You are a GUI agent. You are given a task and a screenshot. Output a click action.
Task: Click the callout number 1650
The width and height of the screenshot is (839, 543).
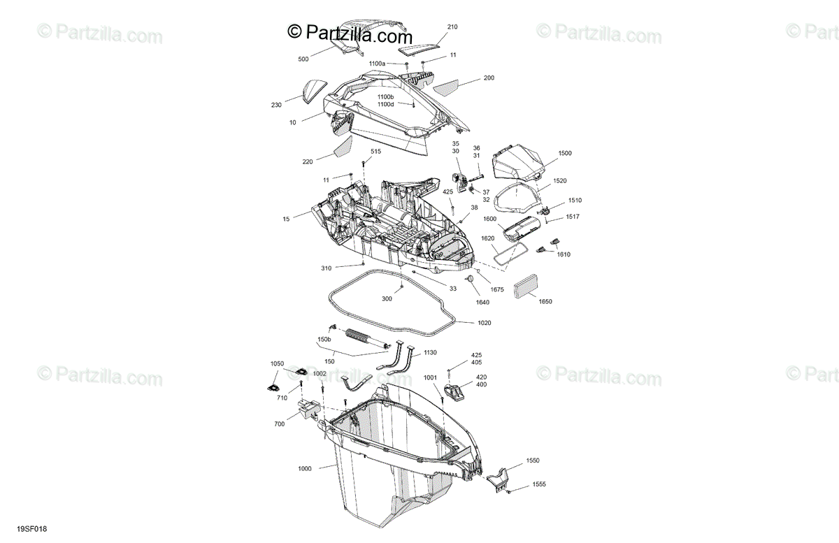tap(545, 301)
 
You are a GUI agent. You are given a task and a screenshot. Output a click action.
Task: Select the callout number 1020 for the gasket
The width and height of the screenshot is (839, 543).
tap(485, 323)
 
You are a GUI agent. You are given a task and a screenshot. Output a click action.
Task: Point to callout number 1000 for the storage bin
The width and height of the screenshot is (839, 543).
tap(305, 468)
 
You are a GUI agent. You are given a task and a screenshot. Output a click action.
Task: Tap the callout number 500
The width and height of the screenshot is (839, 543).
tap(303, 59)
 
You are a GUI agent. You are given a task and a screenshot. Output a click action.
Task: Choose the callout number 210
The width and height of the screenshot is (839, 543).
tap(452, 27)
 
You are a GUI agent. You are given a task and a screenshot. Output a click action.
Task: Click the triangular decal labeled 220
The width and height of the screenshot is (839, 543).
tap(343, 146)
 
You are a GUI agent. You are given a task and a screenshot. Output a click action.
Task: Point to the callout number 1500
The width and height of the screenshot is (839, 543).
tap(565, 152)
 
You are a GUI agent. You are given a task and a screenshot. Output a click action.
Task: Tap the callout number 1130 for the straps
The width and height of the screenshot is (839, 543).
tap(430, 353)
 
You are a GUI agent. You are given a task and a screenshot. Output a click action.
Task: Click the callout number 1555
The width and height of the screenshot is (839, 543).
tap(539, 484)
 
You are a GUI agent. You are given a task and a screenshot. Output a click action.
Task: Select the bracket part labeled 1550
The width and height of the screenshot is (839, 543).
tap(499, 479)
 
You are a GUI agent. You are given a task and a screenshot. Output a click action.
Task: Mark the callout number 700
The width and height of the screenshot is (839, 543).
tap(279, 424)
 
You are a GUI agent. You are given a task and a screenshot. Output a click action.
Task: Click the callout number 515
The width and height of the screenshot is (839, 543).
tap(375, 152)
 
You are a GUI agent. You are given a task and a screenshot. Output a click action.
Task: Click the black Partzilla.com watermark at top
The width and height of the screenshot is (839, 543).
tap(350, 32)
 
